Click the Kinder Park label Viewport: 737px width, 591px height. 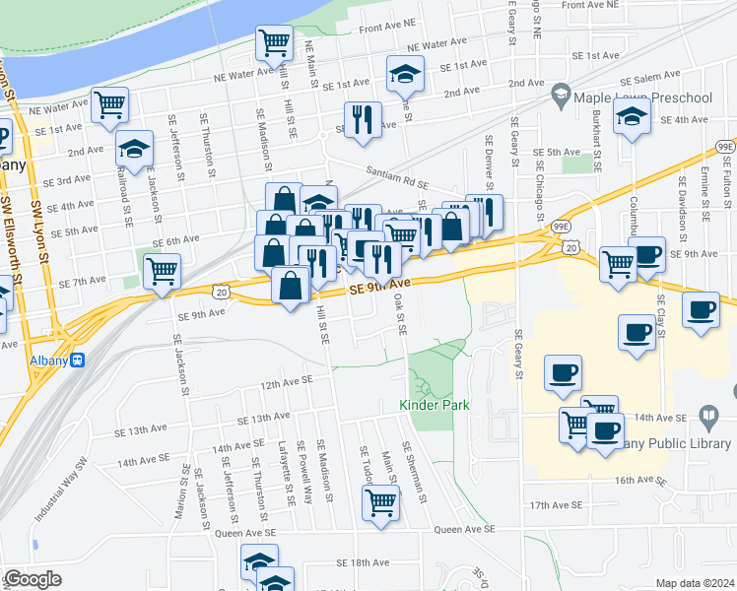click(x=434, y=405)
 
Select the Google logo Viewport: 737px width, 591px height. click(x=33, y=579)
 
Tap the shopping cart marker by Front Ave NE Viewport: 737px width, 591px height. click(x=274, y=42)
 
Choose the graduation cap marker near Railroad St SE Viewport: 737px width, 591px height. click(x=134, y=149)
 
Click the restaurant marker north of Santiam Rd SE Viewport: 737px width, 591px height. click(x=363, y=118)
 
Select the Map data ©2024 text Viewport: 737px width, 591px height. click(x=695, y=583)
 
